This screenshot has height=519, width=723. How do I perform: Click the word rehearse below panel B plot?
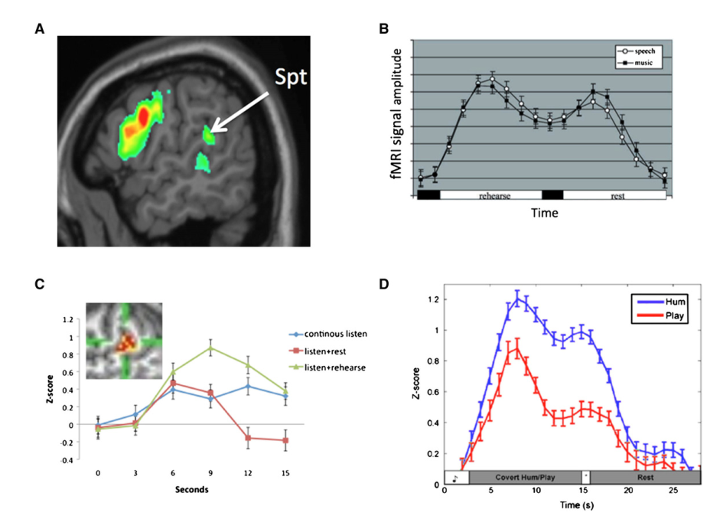point(495,196)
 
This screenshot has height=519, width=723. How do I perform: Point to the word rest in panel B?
point(617,196)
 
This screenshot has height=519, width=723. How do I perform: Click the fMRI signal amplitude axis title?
point(397,122)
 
